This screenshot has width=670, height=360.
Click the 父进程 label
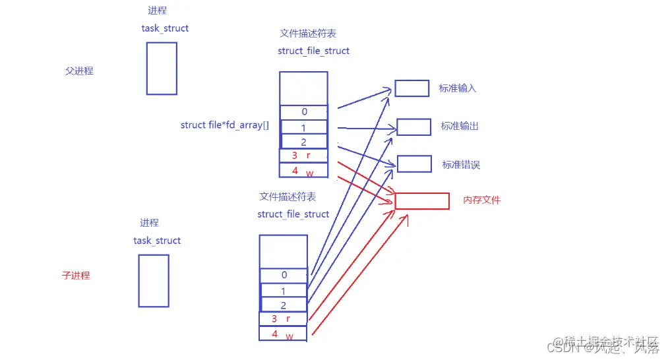pos(79,71)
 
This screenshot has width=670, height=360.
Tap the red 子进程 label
pos(76,276)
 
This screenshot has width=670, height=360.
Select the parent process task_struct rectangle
pos(162,69)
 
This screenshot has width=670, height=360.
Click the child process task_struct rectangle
pos(154,280)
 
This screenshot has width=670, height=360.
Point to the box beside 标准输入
pos(412,88)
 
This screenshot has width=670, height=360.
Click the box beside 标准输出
pos(414,127)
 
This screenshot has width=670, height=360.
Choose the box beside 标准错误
pos(414,164)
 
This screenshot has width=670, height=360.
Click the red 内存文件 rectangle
pos(422,201)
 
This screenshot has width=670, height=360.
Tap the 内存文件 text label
pos(482,200)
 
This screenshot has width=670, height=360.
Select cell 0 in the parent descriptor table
pos(304,112)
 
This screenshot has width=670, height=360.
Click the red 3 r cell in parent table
pos(304,156)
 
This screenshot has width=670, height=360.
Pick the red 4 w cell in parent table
pos(304,171)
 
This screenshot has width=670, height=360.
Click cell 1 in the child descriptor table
pos(284,290)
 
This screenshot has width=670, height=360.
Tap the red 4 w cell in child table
pos(284,334)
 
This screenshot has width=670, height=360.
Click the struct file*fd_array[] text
pos(225,125)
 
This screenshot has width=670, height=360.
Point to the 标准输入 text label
pos(458,88)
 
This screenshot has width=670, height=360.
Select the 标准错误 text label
pos(461,164)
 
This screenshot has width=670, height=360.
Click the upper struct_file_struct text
pos(313,51)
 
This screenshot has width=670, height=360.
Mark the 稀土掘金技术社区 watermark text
pos(607,342)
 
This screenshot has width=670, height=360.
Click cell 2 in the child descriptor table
pos(284,305)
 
